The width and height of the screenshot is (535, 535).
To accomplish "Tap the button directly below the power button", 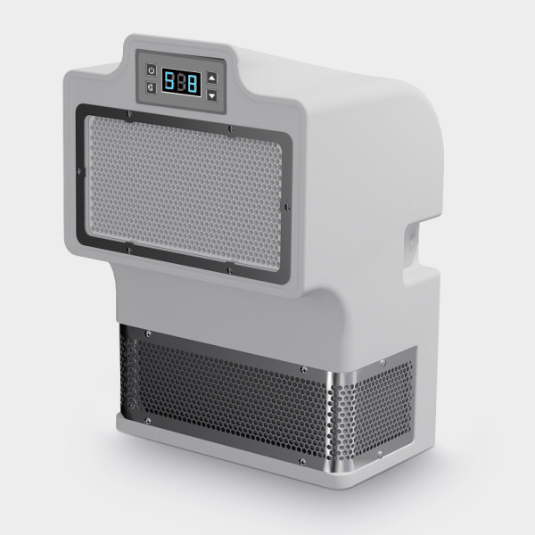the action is [152, 87].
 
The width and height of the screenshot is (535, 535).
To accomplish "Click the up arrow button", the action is [212, 78].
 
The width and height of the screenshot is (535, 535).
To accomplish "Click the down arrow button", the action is [212, 96].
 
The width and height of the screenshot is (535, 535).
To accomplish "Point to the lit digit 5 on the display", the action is [169, 81].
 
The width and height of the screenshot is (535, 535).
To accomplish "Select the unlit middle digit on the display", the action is [181, 83].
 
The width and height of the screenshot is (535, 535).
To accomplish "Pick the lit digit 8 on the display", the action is [193, 85].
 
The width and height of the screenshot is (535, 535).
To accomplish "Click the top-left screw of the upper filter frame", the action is [128, 113].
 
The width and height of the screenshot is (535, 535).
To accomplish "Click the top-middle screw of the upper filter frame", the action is [231, 128].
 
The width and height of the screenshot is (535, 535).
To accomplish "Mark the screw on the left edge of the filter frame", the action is [79, 170].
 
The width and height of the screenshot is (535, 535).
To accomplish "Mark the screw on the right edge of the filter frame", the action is [287, 207].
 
